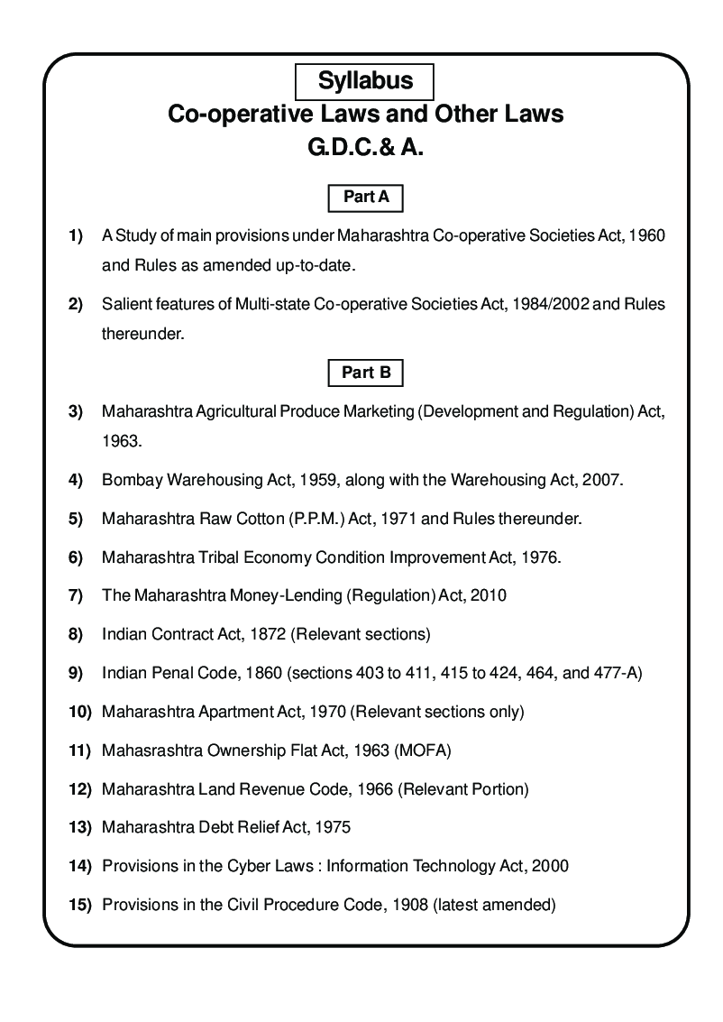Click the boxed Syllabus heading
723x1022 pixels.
[365, 81]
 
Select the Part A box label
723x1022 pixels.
[366, 197]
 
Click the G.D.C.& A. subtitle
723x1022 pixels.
[366, 148]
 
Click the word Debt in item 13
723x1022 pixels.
[217, 827]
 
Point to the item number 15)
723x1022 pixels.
[80, 904]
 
